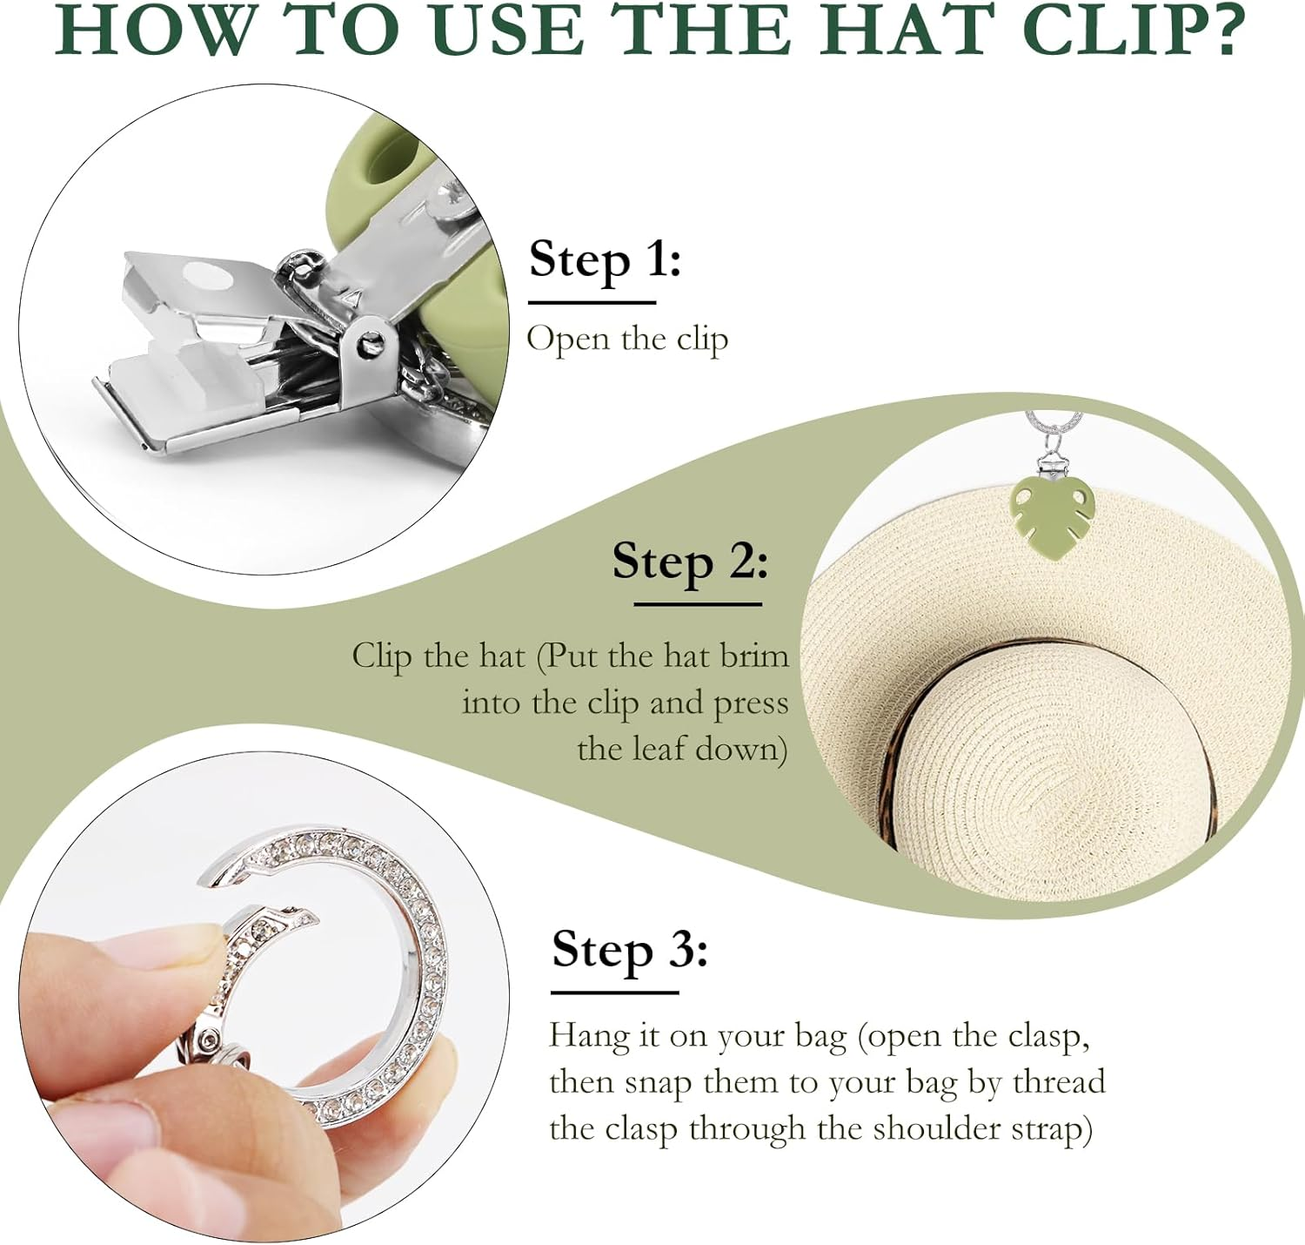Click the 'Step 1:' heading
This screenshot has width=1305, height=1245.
[x=605, y=259]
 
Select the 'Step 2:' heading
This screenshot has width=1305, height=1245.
[x=690, y=562]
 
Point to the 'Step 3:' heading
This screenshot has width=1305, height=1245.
[x=629, y=951]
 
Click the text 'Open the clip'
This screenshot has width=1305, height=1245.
[x=627, y=340]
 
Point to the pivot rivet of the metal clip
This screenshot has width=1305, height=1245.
[x=369, y=345]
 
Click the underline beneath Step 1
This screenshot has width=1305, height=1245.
[x=592, y=302]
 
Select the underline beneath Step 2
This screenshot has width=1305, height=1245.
[x=698, y=604]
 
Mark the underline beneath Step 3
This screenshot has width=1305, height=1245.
[x=615, y=993]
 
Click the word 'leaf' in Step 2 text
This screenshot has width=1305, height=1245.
[x=658, y=749]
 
